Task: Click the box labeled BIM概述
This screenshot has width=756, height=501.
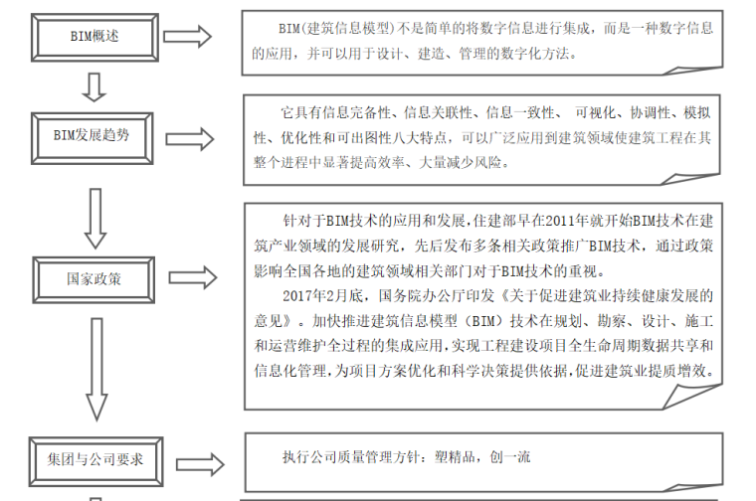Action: (x=94, y=37)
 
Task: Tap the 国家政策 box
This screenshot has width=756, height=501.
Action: (x=94, y=279)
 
